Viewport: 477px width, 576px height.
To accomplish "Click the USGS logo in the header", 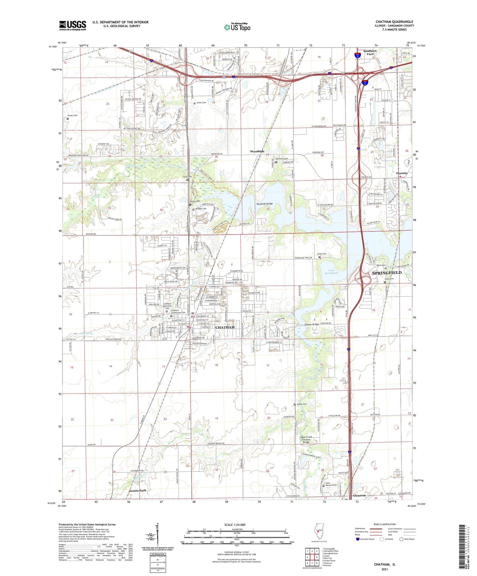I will tap(73, 25).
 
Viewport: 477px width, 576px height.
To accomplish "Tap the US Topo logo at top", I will tap(237, 27).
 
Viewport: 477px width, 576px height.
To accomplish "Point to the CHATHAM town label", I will tap(225, 327).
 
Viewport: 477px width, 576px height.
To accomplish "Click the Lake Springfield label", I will tap(331, 272).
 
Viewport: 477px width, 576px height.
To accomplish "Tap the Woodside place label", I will tap(257, 151).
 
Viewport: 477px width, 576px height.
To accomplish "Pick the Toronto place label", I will tap(401, 173).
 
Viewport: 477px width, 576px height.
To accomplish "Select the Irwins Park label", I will tap(137, 491).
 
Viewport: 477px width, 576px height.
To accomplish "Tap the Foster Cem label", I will tap(72, 115).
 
